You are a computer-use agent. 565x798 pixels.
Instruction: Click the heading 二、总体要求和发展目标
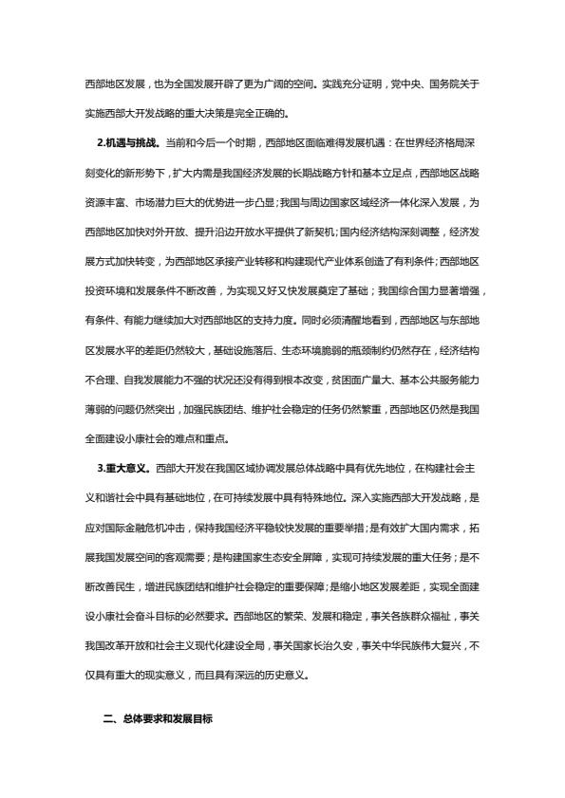pyautogui.click(x=158, y=720)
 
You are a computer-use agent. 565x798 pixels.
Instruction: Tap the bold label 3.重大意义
pyautogui.click(x=122, y=468)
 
